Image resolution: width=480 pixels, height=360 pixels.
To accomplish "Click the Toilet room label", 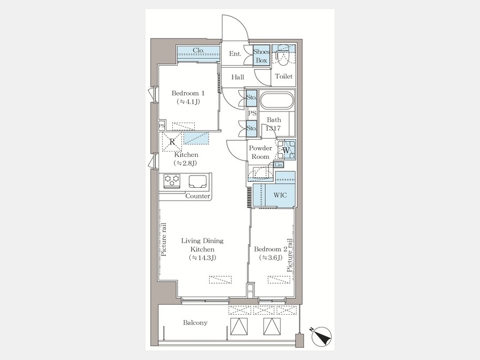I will point(283,77).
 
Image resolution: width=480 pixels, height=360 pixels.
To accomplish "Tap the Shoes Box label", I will point(261,56).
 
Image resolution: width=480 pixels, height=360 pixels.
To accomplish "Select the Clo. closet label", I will point(198,51).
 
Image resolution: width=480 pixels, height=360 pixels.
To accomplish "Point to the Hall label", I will point(237,77).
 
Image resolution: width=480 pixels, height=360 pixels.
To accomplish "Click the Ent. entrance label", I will point(235,54).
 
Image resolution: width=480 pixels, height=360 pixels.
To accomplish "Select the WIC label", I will point(280,195).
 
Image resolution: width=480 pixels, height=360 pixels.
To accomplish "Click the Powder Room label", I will point(260,153).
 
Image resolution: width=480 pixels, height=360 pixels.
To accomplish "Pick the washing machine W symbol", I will point(286,150).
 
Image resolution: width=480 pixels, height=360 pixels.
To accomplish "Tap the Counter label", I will point(197,196).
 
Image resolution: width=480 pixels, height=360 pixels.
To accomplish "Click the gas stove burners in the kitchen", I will point(172,180).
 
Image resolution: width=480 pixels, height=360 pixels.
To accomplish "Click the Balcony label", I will point(195,323).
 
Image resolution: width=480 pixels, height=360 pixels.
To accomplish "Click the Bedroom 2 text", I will point(270,249).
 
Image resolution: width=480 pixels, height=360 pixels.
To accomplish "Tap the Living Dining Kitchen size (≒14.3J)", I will point(202,258).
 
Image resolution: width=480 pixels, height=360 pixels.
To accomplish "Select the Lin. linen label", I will point(278,165).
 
